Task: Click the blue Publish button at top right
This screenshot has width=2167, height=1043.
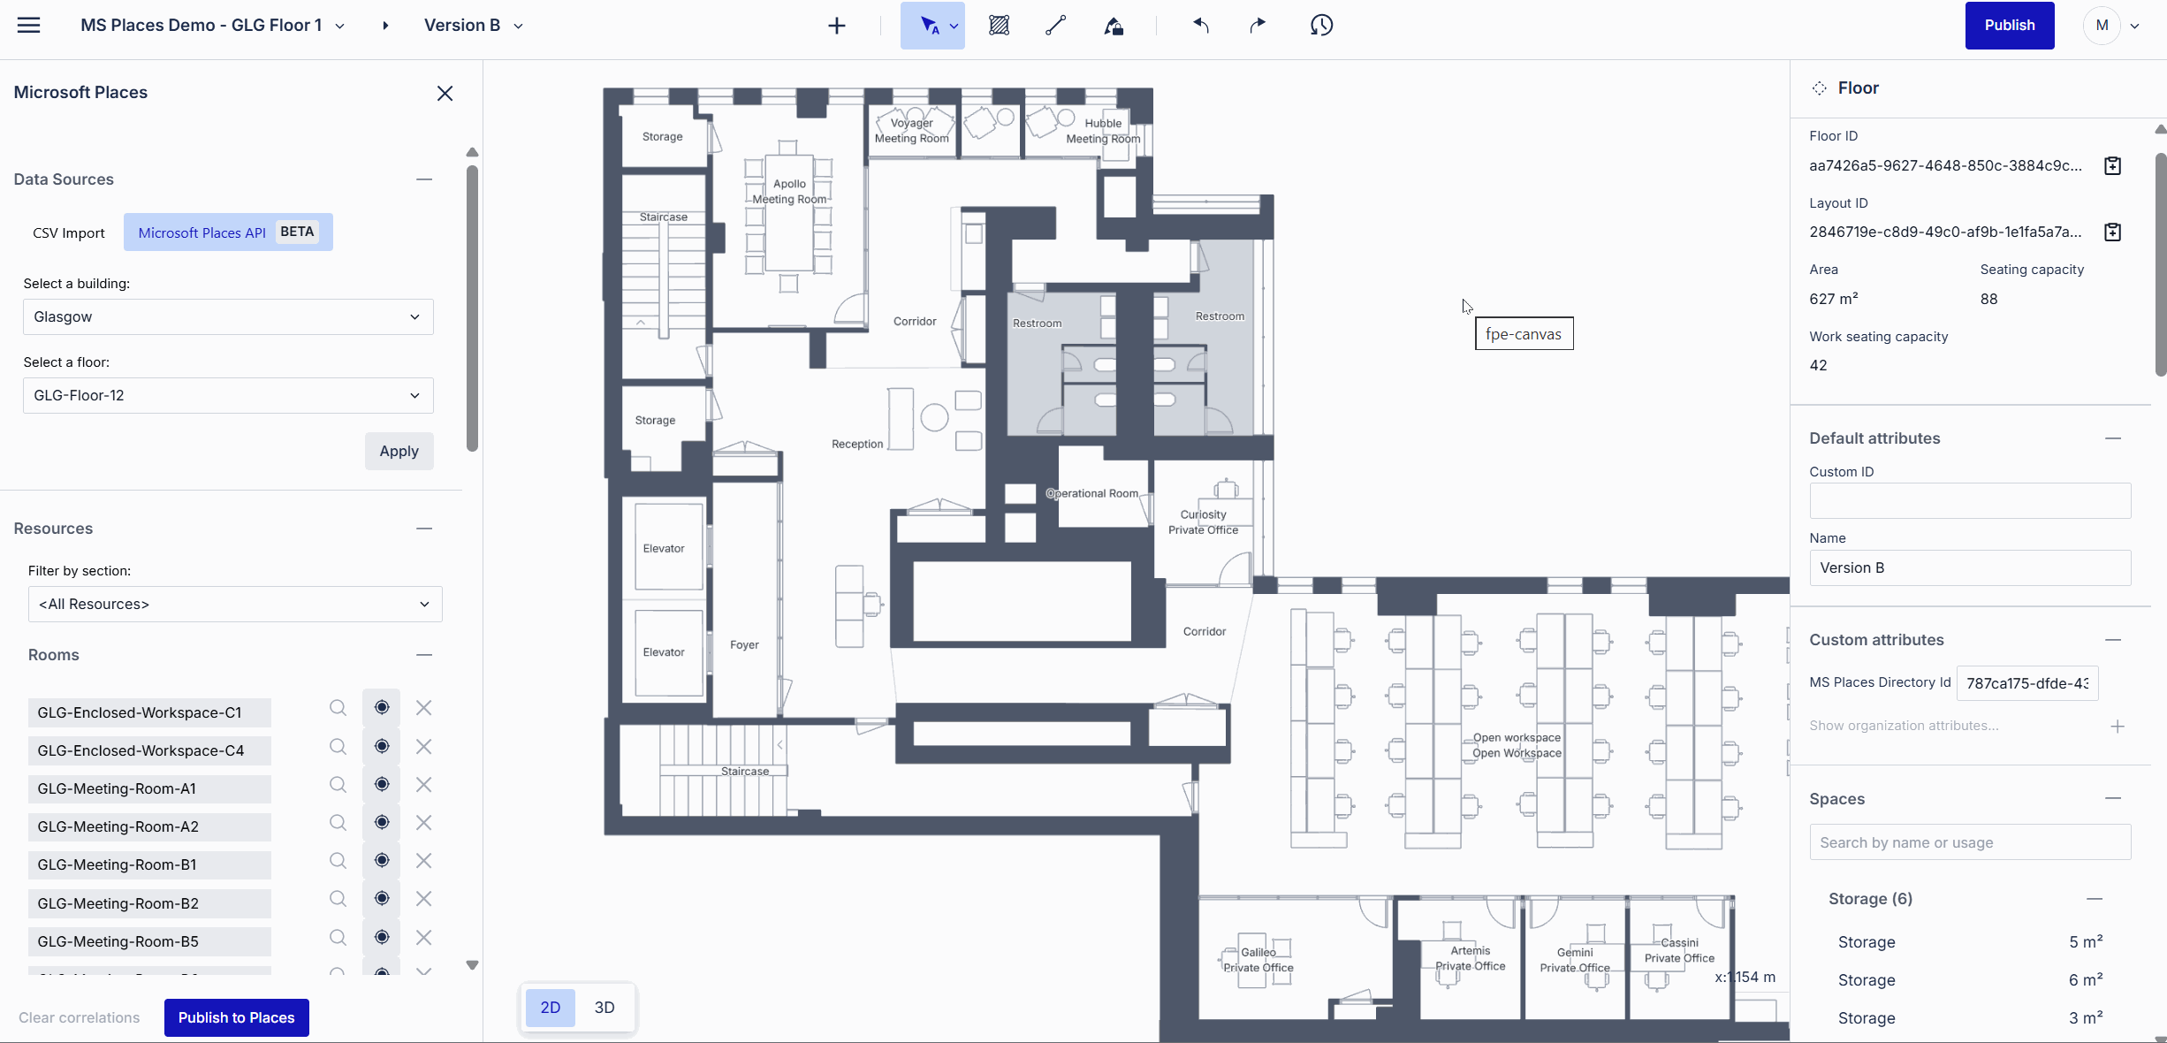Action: [2009, 26]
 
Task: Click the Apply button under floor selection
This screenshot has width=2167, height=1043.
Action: [399, 451]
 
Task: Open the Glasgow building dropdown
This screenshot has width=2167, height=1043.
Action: [228, 316]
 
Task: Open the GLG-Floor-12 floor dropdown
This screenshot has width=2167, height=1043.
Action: [228, 395]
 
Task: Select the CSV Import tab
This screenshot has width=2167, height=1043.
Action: [69, 232]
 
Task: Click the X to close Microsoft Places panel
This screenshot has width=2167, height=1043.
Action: [445, 94]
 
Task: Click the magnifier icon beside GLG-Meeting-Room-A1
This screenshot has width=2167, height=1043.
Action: [338, 785]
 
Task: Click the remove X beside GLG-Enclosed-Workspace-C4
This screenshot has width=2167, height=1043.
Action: [424, 747]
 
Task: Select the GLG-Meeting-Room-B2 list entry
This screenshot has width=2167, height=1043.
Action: [149, 902]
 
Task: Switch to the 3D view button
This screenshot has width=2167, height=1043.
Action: [604, 1008]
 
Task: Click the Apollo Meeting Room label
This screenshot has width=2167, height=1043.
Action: [789, 191]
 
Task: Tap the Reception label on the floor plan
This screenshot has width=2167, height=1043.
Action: [856, 444]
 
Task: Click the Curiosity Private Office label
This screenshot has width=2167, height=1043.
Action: [1203, 521]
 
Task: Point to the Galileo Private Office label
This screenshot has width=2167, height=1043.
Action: [1258, 959]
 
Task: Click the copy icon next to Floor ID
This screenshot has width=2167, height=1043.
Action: [2112, 166]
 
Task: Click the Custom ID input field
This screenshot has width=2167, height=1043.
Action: [1969, 501]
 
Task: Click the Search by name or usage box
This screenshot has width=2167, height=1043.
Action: [1969, 842]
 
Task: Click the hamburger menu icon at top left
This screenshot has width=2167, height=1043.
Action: [29, 26]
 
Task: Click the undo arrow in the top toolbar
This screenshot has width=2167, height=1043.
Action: [1200, 26]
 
